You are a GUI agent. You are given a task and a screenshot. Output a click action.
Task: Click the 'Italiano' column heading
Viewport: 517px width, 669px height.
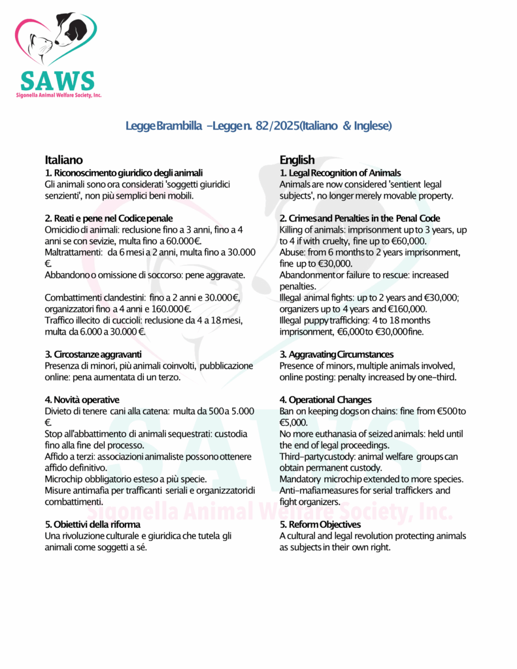pos(63,160)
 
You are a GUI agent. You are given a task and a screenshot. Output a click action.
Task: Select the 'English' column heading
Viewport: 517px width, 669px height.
pos(297,160)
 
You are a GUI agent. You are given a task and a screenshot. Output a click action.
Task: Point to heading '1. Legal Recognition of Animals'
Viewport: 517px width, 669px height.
pos(340,173)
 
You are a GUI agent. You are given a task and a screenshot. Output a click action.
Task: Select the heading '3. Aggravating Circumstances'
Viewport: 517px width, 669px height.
pos(337,354)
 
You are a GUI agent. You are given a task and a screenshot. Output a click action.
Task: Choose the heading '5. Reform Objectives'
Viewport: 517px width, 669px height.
pos(320,525)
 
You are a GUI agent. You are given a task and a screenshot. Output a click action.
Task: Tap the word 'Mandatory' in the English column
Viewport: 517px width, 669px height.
pos(299,479)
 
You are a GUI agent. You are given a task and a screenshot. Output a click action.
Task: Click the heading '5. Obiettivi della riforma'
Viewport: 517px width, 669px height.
pos(92,525)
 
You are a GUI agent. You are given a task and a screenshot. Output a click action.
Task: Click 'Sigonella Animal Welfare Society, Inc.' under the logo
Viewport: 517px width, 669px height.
pos(59,95)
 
